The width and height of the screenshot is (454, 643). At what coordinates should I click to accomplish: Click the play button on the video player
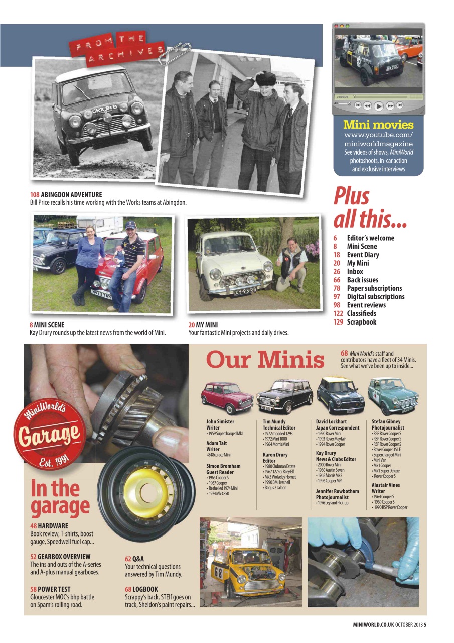coord(379,106)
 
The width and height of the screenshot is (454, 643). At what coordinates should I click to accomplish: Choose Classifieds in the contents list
coord(361,313)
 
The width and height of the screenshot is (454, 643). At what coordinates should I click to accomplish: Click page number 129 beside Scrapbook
coord(339,322)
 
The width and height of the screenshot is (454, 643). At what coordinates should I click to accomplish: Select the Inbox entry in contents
coord(355,271)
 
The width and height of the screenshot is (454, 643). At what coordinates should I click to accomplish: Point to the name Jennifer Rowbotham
coord(337,491)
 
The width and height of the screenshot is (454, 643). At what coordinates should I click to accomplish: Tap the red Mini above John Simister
coord(227,397)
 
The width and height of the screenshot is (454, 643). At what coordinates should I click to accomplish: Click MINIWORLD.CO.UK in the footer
coord(372,625)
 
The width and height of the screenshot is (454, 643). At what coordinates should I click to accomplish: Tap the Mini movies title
coord(378,125)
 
